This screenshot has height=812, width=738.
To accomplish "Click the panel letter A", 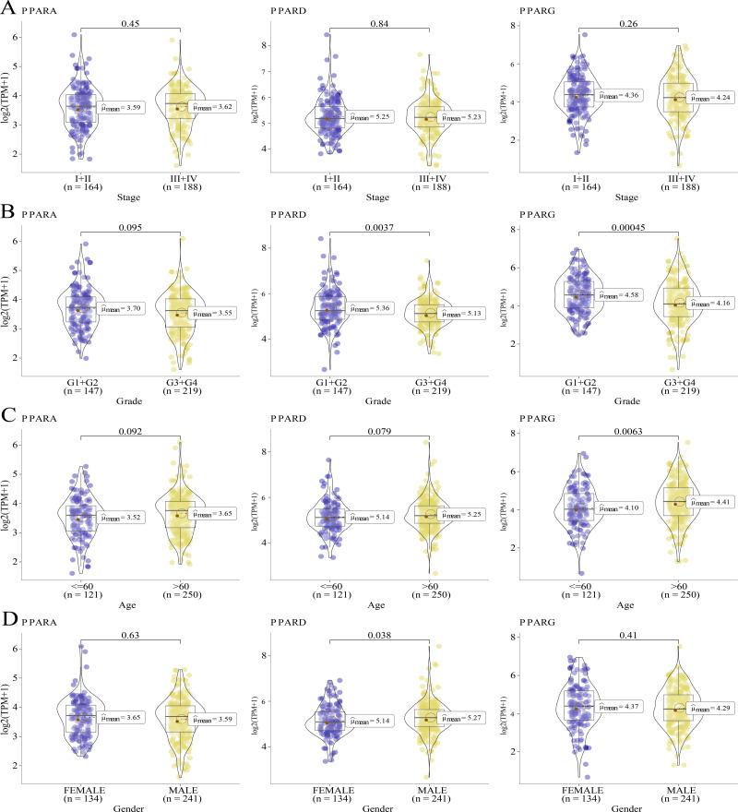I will (8, 10).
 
